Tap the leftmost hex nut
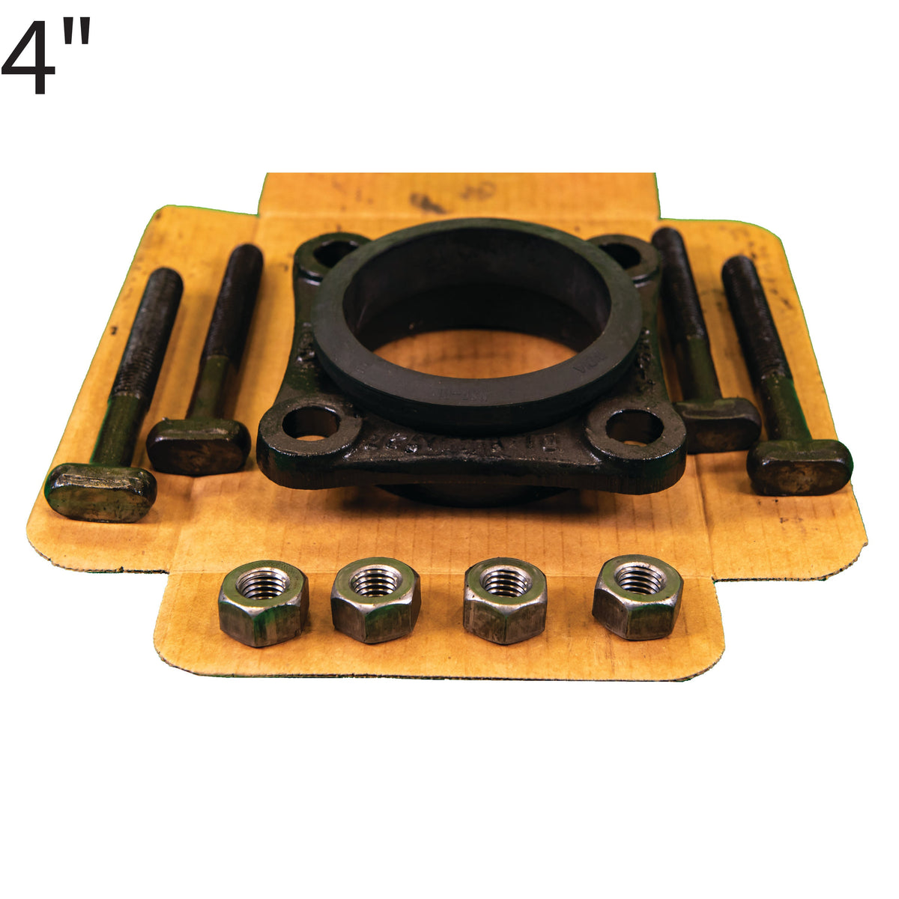point(263,603)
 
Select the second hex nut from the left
point(375,599)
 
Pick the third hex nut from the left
point(505,600)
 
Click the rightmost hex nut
point(638,597)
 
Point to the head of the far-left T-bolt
point(100,491)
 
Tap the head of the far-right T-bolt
point(799,466)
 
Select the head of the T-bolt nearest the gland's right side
point(717,424)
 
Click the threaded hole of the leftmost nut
point(261,583)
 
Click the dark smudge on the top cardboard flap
point(427,202)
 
